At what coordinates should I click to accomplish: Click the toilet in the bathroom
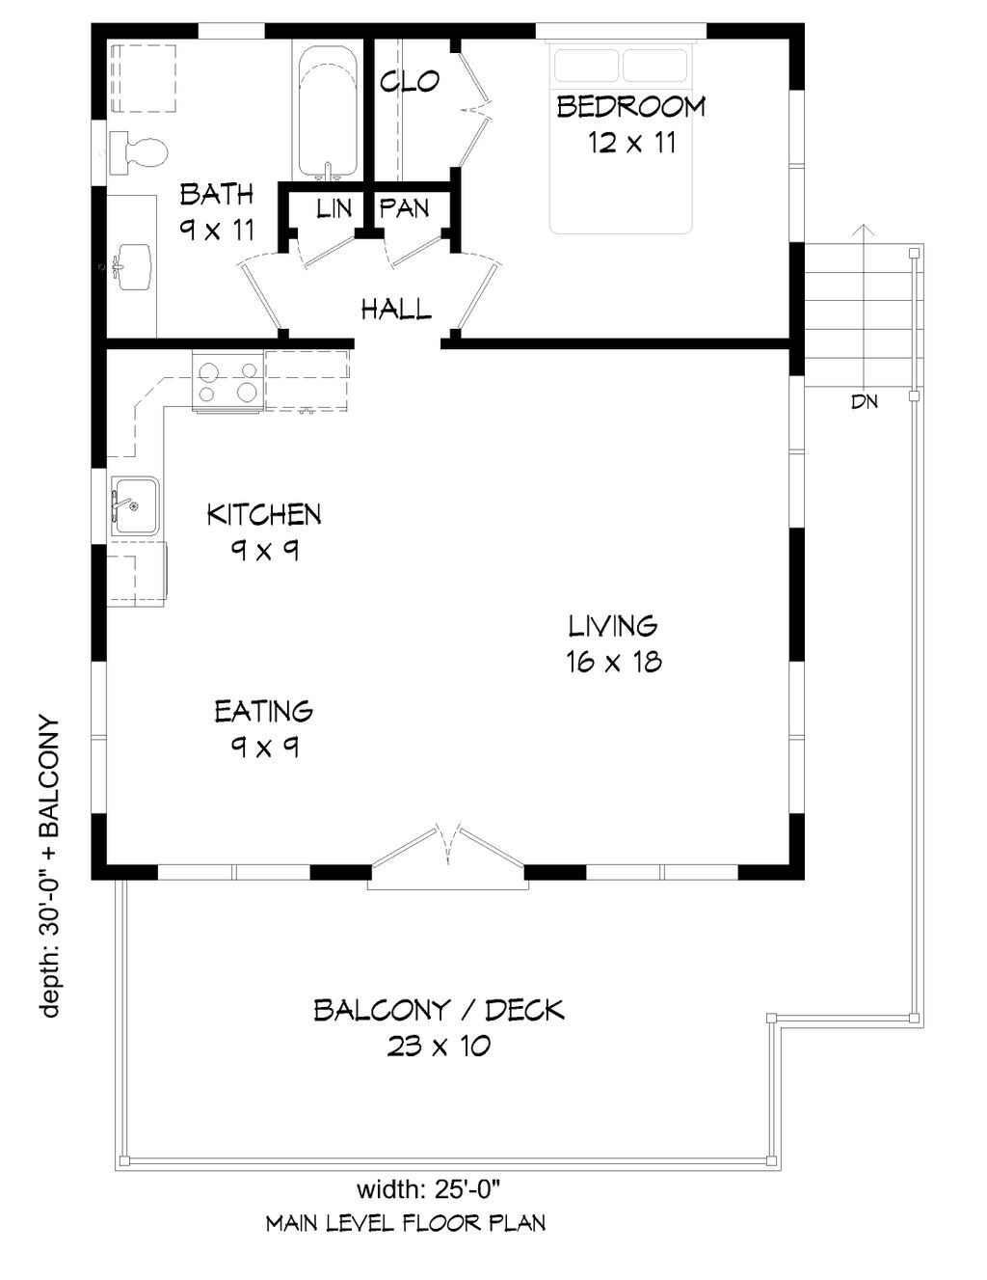click(x=139, y=152)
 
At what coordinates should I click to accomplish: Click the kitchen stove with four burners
click(x=227, y=381)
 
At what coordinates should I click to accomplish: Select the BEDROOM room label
click(x=630, y=106)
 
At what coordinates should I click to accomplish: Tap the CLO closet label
click(x=410, y=82)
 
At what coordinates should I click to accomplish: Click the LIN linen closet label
click(x=333, y=208)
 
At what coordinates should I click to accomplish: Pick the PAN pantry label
click(x=404, y=208)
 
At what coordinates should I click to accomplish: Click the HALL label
click(x=395, y=310)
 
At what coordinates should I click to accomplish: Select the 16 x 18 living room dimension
click(x=613, y=662)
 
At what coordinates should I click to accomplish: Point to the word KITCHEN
click(x=263, y=514)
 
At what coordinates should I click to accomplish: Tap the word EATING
click(x=263, y=712)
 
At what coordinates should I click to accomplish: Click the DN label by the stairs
click(x=865, y=402)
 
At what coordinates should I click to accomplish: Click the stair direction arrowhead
click(x=865, y=231)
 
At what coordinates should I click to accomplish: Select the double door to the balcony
click(x=447, y=849)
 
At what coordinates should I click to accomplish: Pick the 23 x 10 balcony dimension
click(x=439, y=1046)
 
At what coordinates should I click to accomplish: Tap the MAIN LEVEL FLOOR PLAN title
click(x=405, y=1224)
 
